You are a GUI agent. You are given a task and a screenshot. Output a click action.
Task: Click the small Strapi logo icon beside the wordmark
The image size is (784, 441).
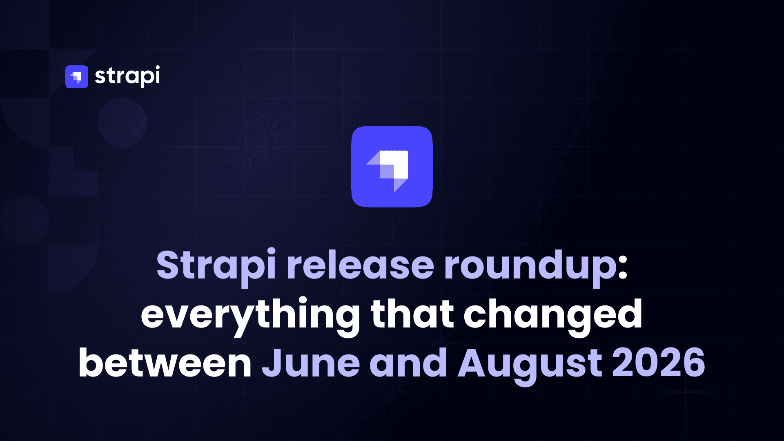click(77, 77)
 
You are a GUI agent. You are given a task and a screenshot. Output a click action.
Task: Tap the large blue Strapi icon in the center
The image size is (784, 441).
click(392, 167)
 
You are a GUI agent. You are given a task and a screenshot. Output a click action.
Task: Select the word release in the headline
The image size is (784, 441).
click(360, 265)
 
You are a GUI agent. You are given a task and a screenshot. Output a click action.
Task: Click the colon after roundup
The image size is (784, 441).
click(622, 269)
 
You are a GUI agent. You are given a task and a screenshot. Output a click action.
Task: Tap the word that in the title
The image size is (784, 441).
click(412, 314)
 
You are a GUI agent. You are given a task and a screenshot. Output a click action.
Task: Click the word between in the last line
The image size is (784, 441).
click(165, 363)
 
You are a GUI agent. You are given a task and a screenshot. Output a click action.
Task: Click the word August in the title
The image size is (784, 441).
click(530, 366)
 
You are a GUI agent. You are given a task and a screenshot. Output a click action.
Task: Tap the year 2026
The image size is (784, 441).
click(659, 363)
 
